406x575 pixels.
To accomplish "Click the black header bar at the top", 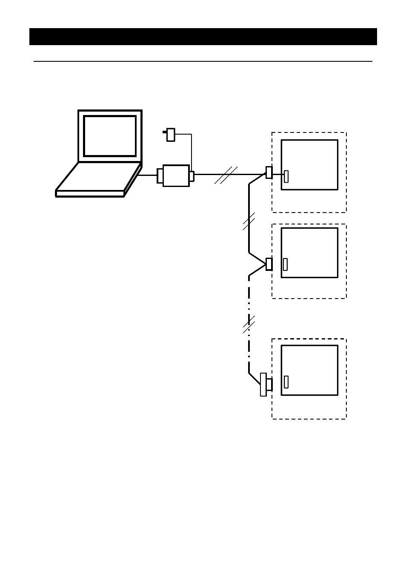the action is tap(203, 37).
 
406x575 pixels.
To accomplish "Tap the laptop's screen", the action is tap(110, 136).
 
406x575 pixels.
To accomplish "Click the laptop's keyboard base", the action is tap(98, 179).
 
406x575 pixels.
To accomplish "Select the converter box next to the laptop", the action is tap(176, 175).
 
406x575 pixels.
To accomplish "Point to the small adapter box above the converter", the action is tap(171, 135).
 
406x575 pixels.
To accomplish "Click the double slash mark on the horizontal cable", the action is tap(226, 175).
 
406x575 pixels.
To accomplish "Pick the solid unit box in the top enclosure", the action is tap(309, 165).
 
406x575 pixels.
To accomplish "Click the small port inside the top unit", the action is tap(286, 176).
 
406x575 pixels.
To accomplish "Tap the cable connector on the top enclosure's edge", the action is tap(269, 172).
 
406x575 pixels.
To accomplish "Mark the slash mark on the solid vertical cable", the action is tap(249, 221).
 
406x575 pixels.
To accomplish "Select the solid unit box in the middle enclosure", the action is tap(309, 253).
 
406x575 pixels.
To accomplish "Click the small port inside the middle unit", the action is tap(285, 264).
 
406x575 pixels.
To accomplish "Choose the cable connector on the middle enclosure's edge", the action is tap(269, 264).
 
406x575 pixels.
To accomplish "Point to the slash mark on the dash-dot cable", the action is tap(249, 325).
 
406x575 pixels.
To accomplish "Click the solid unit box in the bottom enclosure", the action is tap(309, 370).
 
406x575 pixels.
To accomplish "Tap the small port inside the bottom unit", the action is tap(286, 382).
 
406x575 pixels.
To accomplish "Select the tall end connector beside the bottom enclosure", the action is tap(263, 384).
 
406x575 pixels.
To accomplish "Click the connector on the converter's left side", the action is tap(160, 175).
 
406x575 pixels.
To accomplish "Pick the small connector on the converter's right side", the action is tap(192, 176).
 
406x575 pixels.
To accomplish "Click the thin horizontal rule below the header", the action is tap(203, 61).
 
